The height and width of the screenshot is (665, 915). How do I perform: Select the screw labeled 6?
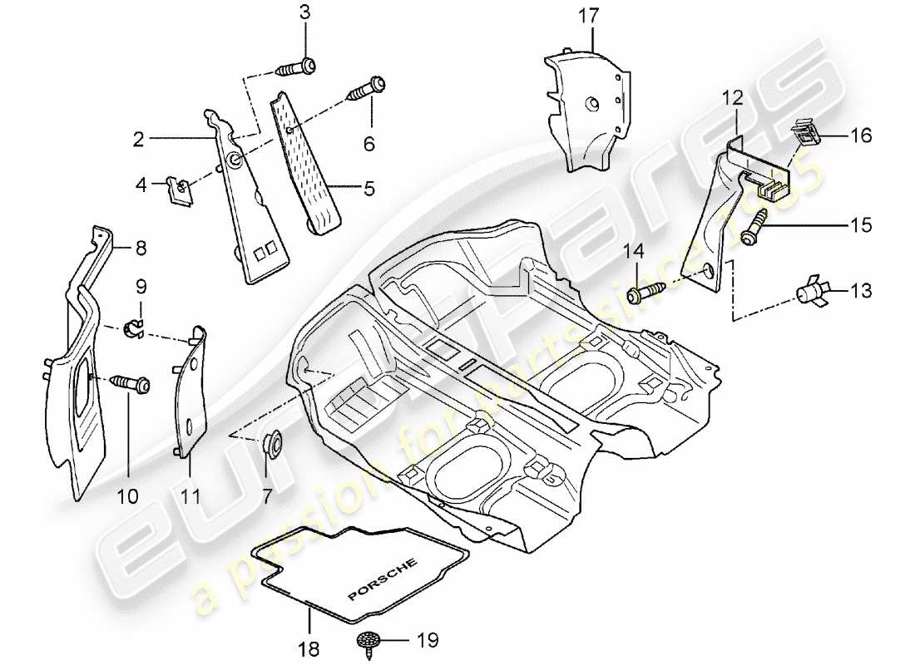coord(370,85)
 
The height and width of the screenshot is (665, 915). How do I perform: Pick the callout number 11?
coord(190,497)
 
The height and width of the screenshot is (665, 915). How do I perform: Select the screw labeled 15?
coord(754,227)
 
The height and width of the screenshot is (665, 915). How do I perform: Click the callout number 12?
coord(731,98)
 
